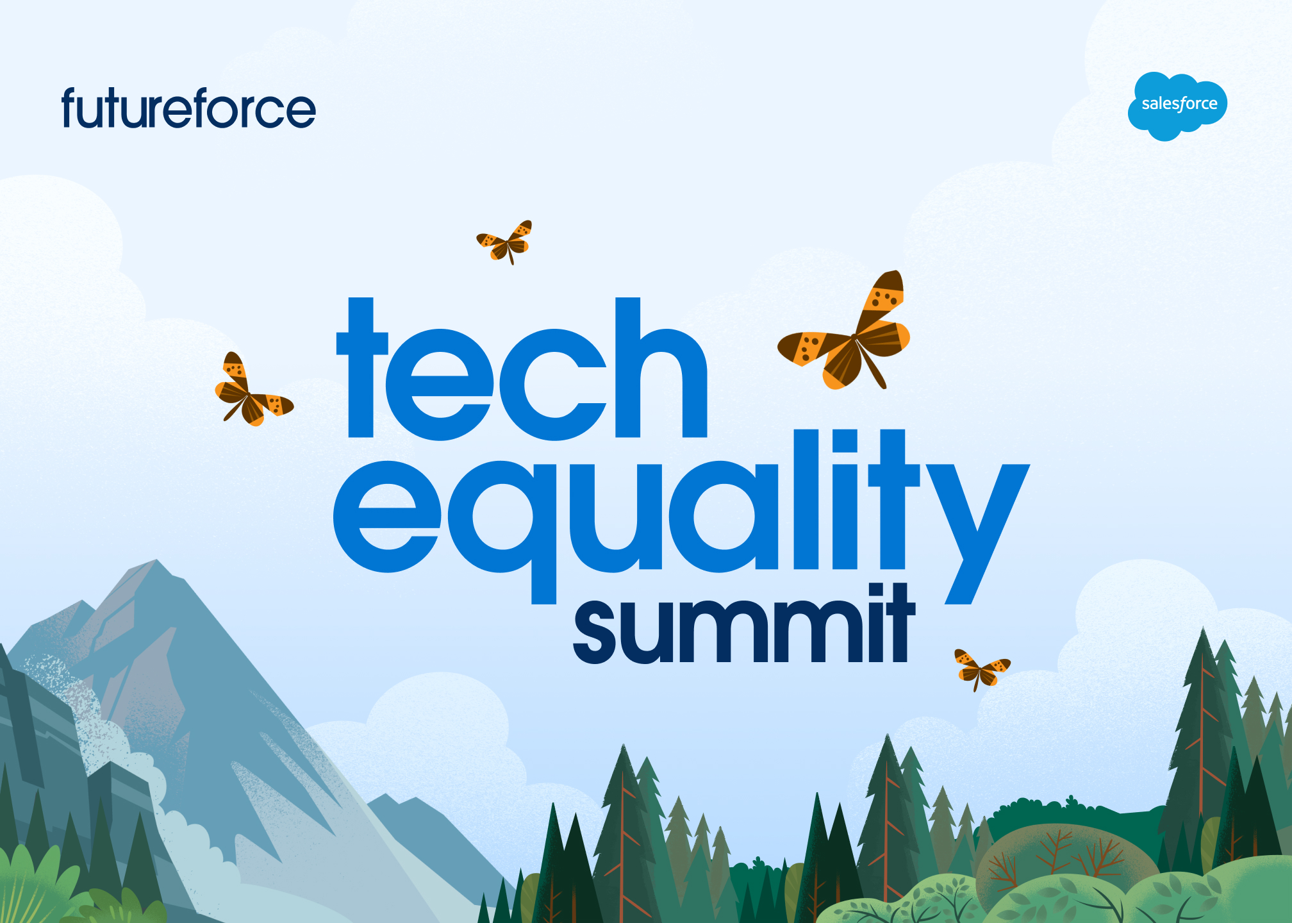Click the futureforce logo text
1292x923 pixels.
(x=188, y=108)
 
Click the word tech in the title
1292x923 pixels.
(x=522, y=369)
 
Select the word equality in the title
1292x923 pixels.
(x=681, y=517)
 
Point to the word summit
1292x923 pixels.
(x=743, y=623)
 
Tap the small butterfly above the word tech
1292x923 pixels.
(x=505, y=242)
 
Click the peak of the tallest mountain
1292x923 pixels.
(x=158, y=561)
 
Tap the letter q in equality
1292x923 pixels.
(x=504, y=532)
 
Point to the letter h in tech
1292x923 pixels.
(x=661, y=368)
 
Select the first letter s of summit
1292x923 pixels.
(x=600, y=632)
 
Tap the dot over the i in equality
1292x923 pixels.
(x=845, y=440)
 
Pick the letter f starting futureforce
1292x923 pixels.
(x=72, y=107)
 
